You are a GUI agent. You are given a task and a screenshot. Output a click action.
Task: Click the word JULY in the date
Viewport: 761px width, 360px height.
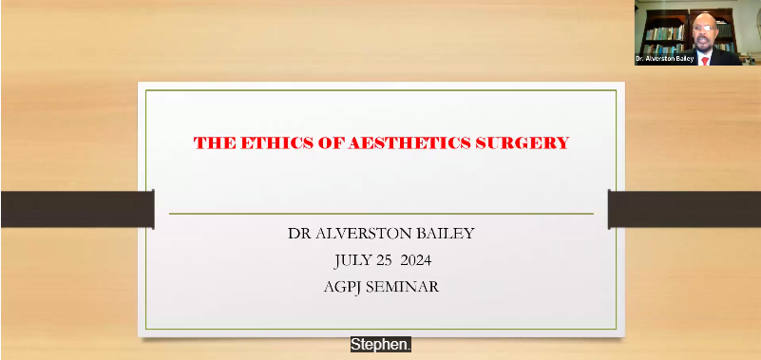click(353, 259)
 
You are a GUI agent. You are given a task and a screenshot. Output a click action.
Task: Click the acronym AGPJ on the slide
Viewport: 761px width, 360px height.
click(344, 286)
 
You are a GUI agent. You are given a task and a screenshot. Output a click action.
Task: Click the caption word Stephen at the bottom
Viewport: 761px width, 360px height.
click(380, 345)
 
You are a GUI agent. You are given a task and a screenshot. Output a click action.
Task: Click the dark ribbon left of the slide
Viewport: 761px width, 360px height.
click(76, 209)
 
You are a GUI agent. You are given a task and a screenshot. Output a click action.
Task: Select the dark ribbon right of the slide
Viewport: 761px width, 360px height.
click(684, 209)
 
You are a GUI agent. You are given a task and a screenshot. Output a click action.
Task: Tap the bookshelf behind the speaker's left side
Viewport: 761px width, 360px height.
click(660, 33)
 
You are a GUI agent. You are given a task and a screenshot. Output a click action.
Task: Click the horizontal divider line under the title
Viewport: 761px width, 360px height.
click(380, 214)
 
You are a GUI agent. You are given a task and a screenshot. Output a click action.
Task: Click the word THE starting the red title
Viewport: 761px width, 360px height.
click(209, 143)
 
